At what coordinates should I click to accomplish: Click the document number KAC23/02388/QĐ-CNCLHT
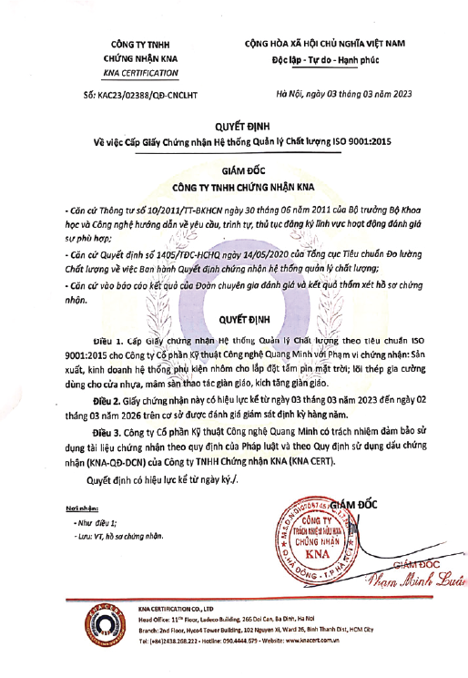(x=137, y=94)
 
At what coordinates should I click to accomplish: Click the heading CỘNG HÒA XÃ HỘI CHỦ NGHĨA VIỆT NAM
(x=324, y=43)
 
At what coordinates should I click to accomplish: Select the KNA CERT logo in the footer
(x=96, y=637)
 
